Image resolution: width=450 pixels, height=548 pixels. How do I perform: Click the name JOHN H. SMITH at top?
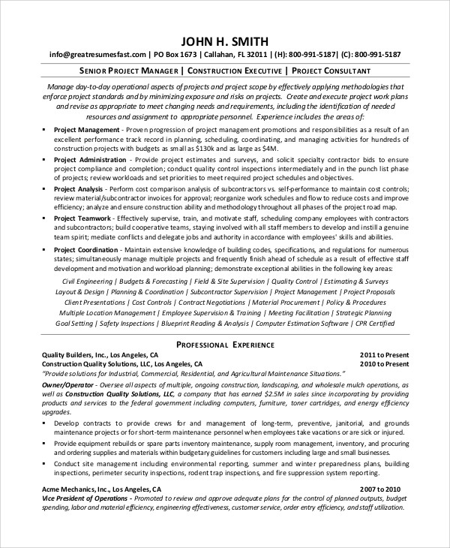(x=225, y=41)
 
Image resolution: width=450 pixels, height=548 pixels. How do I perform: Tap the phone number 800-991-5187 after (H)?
(x=310, y=55)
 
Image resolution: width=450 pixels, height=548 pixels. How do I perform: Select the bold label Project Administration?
(x=91, y=160)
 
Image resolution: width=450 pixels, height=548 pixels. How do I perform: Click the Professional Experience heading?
(x=225, y=345)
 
